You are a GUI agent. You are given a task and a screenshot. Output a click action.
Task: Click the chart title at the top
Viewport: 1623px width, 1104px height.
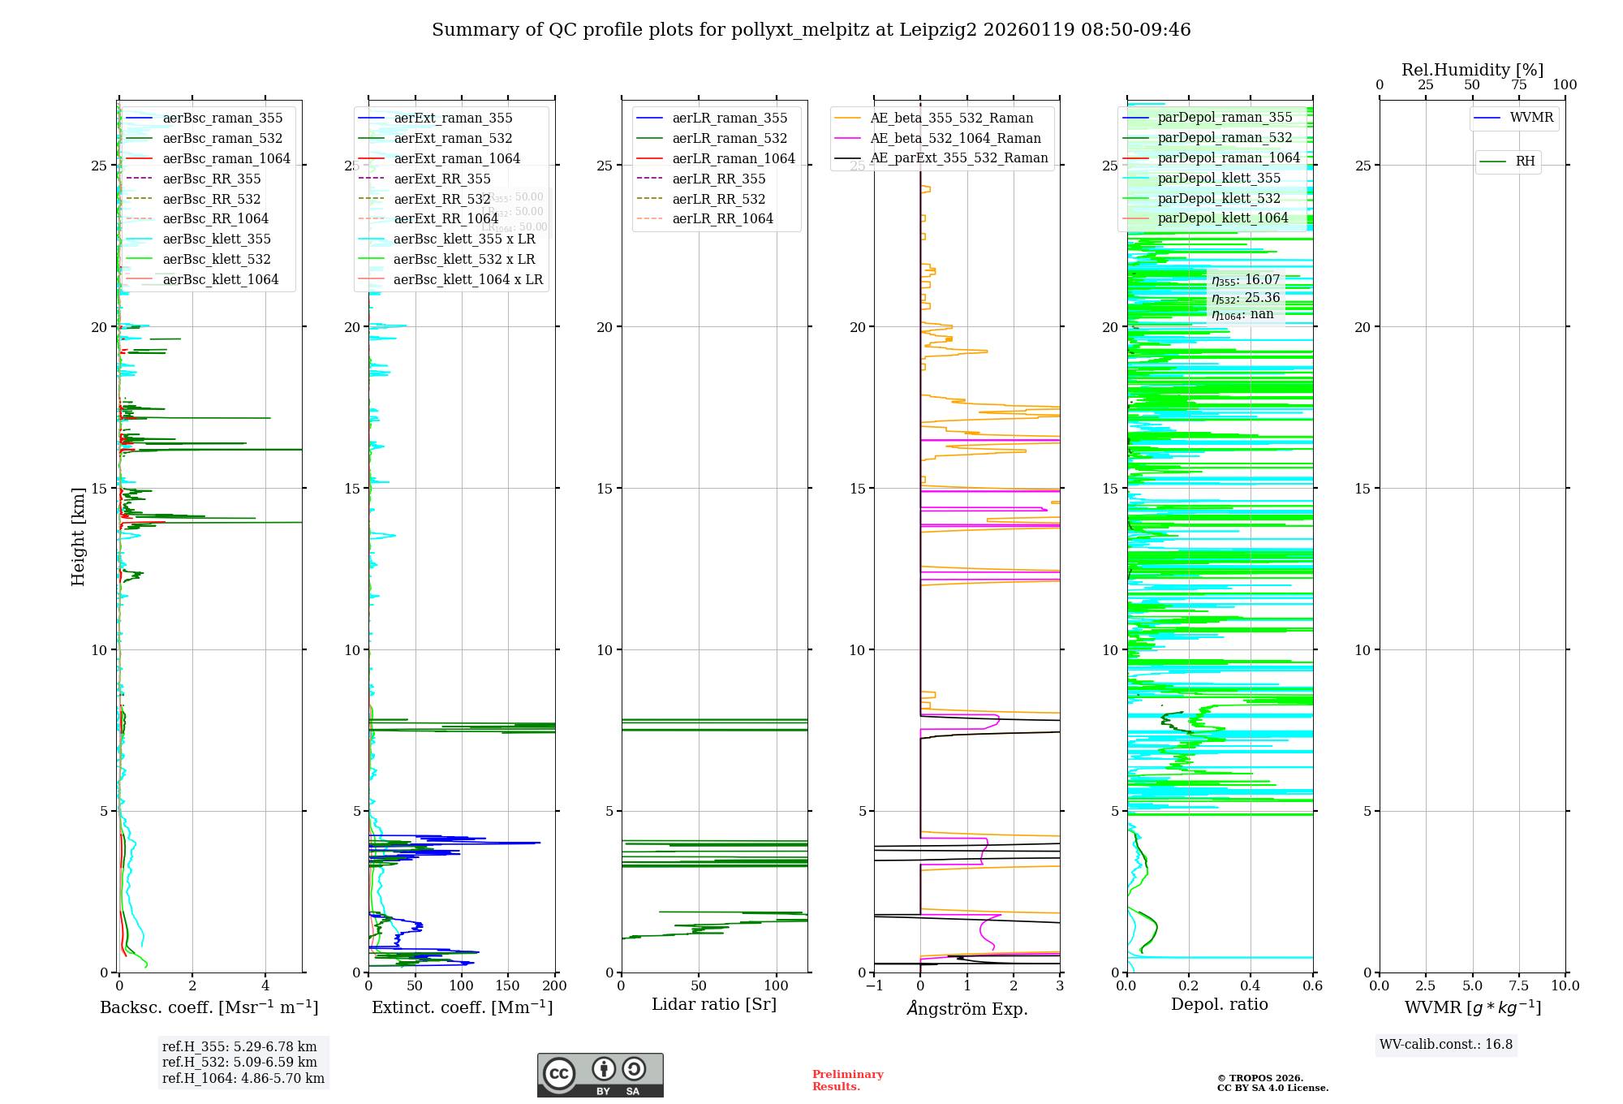(x=811, y=30)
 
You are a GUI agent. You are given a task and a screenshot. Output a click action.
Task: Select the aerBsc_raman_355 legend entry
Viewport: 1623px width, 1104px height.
(x=222, y=119)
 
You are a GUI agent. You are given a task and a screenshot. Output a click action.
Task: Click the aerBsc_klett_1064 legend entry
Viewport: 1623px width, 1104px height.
(x=220, y=280)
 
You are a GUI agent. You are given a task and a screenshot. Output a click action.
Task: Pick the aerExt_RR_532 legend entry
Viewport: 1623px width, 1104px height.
(x=441, y=199)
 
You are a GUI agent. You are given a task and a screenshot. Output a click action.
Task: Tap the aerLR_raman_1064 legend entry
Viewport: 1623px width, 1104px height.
(x=733, y=159)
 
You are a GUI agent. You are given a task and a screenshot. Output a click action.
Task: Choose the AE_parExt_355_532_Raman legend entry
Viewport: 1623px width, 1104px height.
(x=958, y=158)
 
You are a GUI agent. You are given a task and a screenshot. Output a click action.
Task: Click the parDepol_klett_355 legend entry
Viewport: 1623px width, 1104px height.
(x=1218, y=179)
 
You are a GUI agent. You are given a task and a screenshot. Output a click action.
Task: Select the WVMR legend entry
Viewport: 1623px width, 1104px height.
(x=1530, y=118)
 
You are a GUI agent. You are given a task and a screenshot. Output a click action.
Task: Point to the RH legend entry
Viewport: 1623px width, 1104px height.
(x=1525, y=162)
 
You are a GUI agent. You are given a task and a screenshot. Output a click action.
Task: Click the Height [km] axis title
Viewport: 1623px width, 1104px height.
(x=78, y=537)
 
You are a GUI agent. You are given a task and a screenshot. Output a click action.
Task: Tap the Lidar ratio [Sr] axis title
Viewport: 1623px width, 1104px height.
(x=714, y=1005)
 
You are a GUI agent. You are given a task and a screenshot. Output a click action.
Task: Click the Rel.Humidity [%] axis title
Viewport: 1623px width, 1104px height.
(x=1472, y=70)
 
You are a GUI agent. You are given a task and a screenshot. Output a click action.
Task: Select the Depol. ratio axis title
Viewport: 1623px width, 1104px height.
(x=1219, y=1005)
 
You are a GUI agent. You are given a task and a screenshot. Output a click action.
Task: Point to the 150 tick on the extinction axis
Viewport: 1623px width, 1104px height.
(x=508, y=986)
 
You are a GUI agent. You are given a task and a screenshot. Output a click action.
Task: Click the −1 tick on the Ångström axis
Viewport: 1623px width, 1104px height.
(x=874, y=986)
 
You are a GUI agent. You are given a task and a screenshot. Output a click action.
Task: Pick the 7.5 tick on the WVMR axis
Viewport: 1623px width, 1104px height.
(x=1518, y=986)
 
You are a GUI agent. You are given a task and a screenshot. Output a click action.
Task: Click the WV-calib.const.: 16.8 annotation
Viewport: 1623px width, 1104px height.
(x=1446, y=1045)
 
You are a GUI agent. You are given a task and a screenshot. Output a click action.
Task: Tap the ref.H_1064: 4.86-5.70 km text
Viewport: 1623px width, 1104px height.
(x=243, y=1079)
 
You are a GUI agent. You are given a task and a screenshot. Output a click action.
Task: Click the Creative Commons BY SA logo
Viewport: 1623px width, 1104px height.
(x=600, y=1075)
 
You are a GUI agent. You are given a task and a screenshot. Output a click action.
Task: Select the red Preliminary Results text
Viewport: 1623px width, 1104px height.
(x=847, y=1080)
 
